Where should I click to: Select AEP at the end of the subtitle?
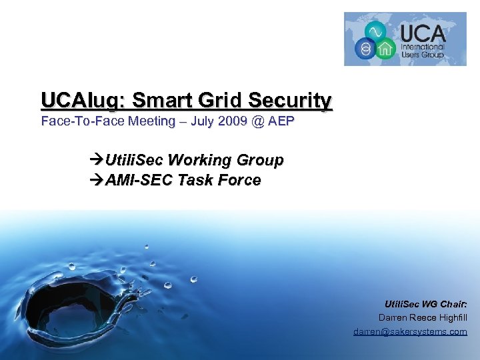pos(279,121)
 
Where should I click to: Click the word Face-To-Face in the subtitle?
pos(79,121)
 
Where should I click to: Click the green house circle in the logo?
pos(385,49)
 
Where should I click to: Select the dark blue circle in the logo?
pos(364,49)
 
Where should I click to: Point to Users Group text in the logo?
pos(422,56)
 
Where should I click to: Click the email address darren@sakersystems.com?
pos(410,331)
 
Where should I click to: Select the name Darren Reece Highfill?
pos(423,317)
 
